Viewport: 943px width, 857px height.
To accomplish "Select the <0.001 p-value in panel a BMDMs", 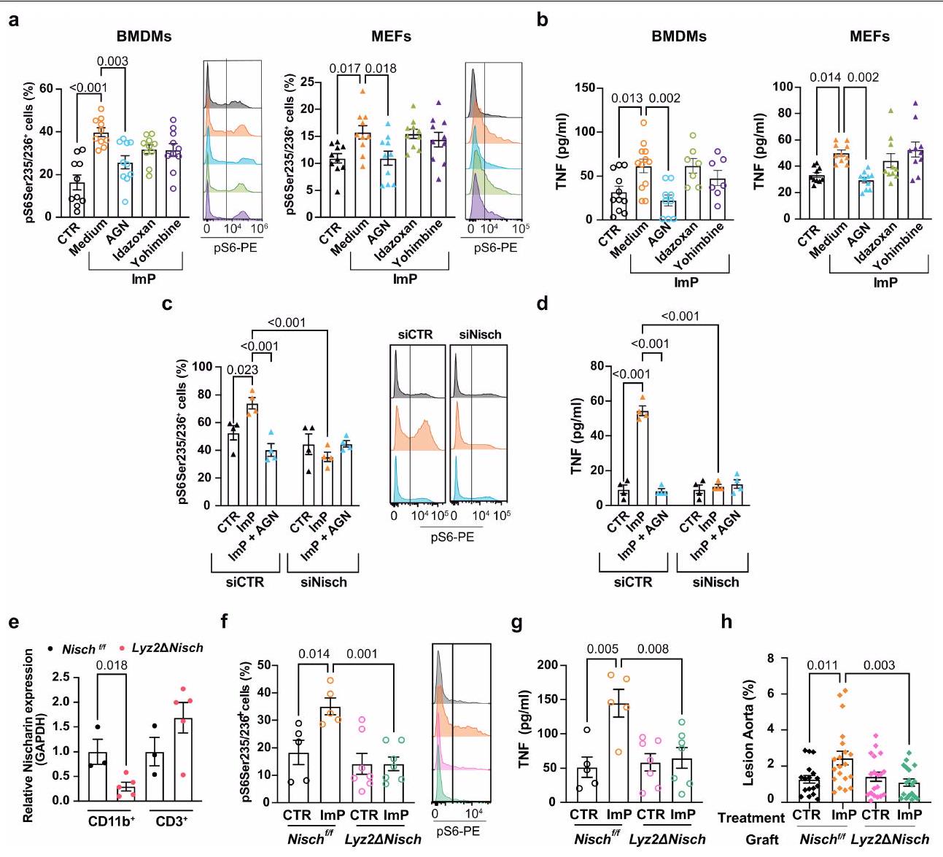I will click(x=85, y=89).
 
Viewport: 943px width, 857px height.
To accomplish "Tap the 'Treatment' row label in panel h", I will click(x=751, y=818).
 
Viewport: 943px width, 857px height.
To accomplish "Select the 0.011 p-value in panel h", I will click(x=821, y=665).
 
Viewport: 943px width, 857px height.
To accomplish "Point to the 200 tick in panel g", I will click(x=553, y=666).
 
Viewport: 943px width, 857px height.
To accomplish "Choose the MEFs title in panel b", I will click(x=869, y=36).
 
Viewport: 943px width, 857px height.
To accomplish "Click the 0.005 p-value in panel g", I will click(x=597, y=654).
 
